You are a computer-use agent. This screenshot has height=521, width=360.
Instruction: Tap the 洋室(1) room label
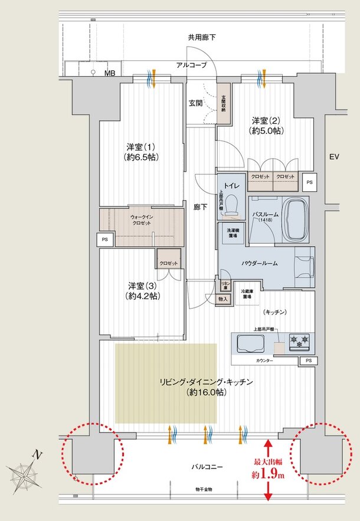[x=142, y=152]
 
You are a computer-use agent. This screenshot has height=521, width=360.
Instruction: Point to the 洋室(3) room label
[x=142, y=289]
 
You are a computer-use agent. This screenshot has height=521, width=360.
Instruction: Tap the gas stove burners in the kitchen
[x=299, y=340]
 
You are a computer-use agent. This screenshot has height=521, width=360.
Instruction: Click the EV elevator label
[x=335, y=157]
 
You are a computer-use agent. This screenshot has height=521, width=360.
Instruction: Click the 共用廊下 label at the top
[x=201, y=37]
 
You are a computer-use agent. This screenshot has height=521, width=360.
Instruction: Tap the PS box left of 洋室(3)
[x=105, y=240]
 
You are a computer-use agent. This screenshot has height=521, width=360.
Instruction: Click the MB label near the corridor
[x=110, y=73]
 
